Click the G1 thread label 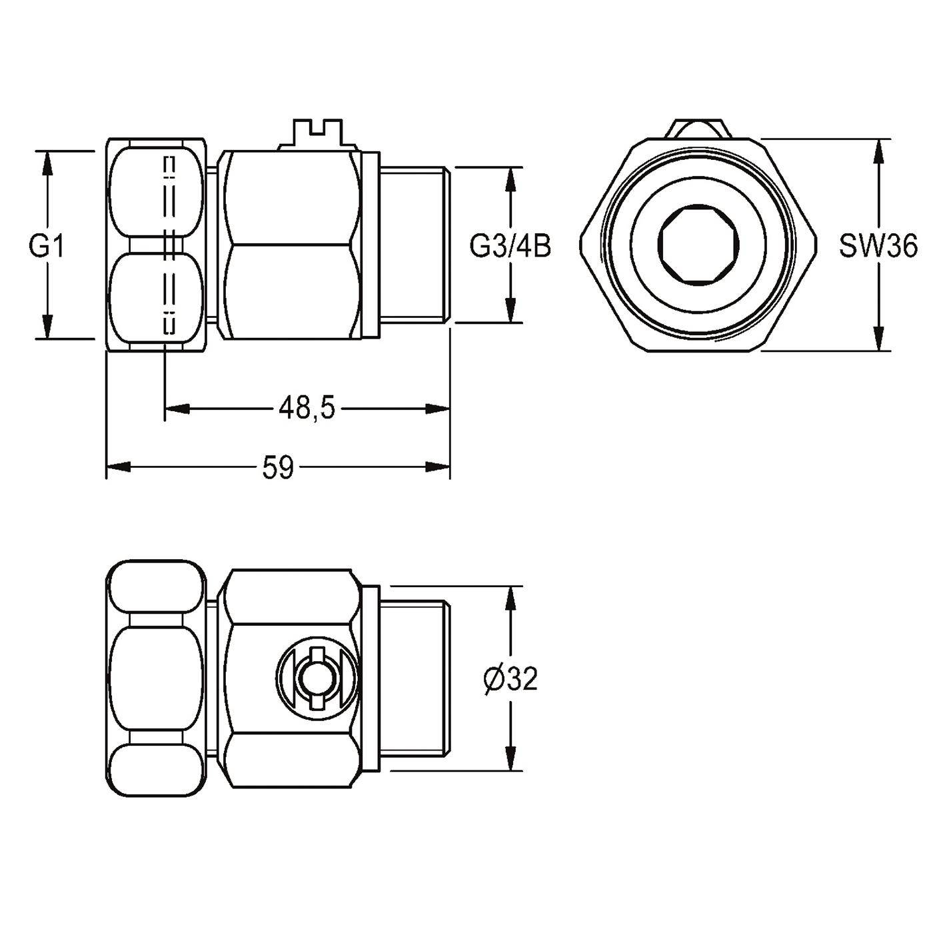(47, 247)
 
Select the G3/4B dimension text (510, 247)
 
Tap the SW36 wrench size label (878, 246)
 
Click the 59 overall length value (279, 467)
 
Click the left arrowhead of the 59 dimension (119, 467)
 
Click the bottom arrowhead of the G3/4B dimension (509, 311)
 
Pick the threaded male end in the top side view (415, 245)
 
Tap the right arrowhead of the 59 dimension (438, 467)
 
